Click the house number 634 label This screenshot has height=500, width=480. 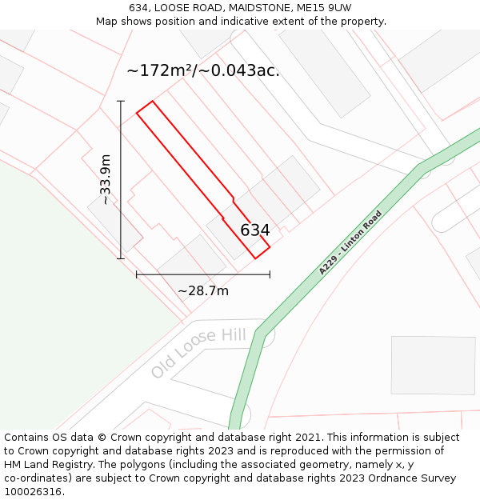click(x=255, y=230)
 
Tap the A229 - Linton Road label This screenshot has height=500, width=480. click(x=350, y=243)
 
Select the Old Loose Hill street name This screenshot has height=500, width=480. click(x=198, y=352)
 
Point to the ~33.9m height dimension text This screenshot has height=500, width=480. click(x=105, y=179)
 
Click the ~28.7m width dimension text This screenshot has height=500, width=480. click(x=203, y=290)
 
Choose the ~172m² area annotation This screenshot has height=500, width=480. click(x=203, y=70)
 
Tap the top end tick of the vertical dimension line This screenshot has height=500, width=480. click(x=122, y=101)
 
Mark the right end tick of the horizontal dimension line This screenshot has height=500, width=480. click(x=270, y=274)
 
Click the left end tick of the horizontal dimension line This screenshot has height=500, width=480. click(x=137, y=274)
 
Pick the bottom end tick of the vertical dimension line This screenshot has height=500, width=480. click(x=122, y=258)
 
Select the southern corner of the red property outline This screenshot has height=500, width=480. click(x=255, y=258)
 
